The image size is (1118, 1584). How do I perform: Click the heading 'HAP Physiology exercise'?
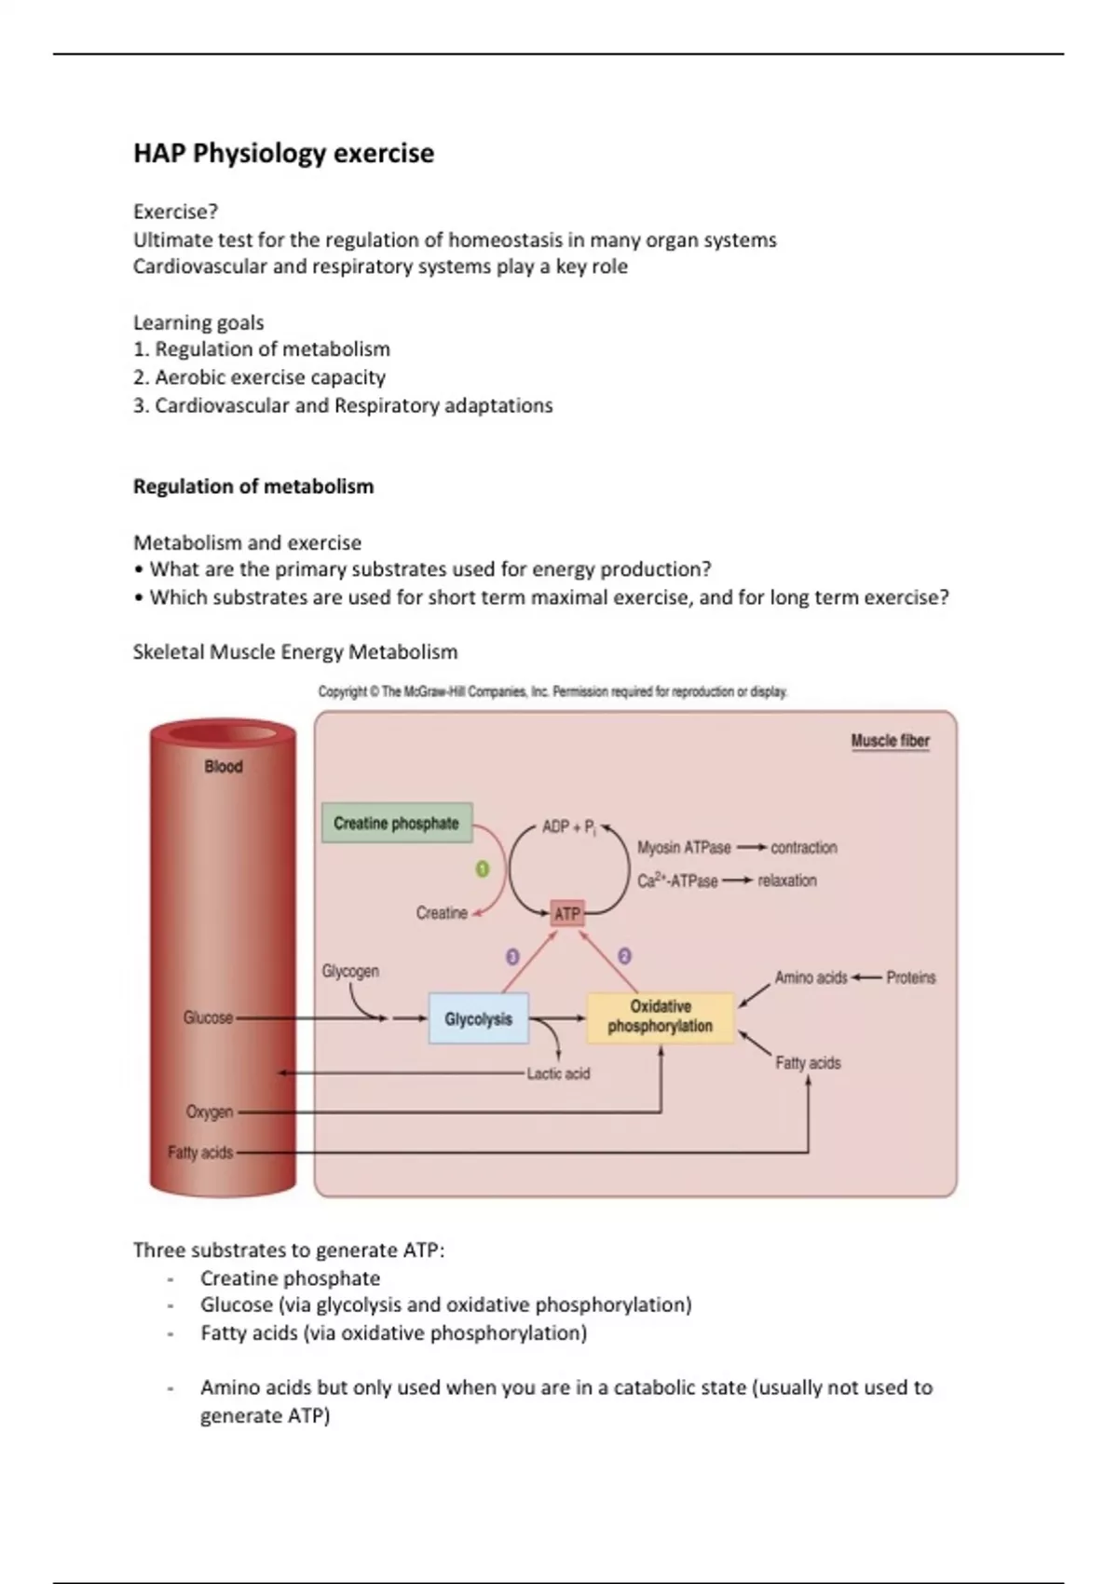pyautogui.click(x=283, y=154)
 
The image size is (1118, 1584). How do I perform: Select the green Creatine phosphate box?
pyautogui.click(x=397, y=823)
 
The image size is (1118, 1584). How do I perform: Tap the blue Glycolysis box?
pyautogui.click(x=478, y=1018)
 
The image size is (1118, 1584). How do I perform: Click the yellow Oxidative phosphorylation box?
pyautogui.click(x=660, y=1017)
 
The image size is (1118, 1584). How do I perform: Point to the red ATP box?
pyautogui.click(x=566, y=914)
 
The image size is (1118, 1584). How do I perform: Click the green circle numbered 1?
pyautogui.click(x=483, y=868)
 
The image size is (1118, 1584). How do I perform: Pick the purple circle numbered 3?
pyautogui.click(x=512, y=956)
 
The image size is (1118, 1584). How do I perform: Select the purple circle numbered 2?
pyautogui.click(x=624, y=956)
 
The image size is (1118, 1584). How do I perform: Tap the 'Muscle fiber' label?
pyautogui.click(x=890, y=741)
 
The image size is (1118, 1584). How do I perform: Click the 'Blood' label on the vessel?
pyautogui.click(x=224, y=767)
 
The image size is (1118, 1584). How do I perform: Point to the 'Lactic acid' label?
pyautogui.click(x=558, y=1073)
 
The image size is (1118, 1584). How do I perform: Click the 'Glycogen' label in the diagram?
pyautogui.click(x=350, y=971)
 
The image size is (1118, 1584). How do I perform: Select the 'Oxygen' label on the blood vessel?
pyautogui.click(x=210, y=1112)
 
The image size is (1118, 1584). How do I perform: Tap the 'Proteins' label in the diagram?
pyautogui.click(x=910, y=977)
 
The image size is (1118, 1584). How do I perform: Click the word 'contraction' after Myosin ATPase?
pyautogui.click(x=803, y=848)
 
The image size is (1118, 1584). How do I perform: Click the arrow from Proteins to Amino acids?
pyautogui.click(x=866, y=977)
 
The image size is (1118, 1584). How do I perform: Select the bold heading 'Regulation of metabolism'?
pyautogui.click(x=253, y=486)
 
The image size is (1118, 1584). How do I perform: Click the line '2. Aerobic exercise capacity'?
pyautogui.click(x=259, y=377)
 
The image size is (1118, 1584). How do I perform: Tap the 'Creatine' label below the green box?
pyautogui.click(x=442, y=913)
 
